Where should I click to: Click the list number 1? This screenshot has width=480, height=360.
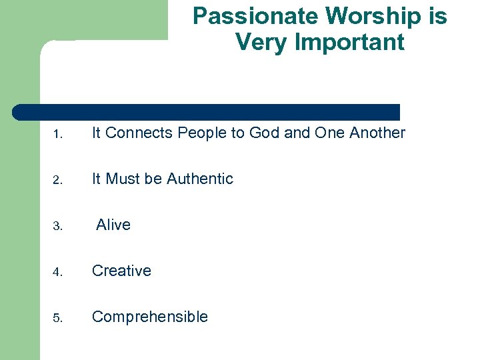click(x=58, y=134)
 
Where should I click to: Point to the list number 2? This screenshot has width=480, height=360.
click(x=58, y=180)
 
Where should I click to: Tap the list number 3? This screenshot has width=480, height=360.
click(x=58, y=226)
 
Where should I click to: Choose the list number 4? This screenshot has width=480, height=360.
click(x=58, y=272)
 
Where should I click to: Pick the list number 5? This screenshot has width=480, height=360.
click(x=58, y=318)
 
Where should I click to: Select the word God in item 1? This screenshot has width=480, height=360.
click(x=265, y=133)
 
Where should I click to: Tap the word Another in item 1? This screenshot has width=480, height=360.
click(x=377, y=133)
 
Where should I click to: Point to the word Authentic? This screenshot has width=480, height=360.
click(x=200, y=179)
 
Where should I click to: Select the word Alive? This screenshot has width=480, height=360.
click(x=113, y=225)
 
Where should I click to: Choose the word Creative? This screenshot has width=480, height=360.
click(x=121, y=271)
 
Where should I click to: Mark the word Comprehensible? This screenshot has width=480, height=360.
click(x=150, y=317)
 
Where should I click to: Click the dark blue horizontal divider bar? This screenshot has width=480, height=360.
click(x=207, y=112)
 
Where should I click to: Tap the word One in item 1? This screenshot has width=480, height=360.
click(x=330, y=133)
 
